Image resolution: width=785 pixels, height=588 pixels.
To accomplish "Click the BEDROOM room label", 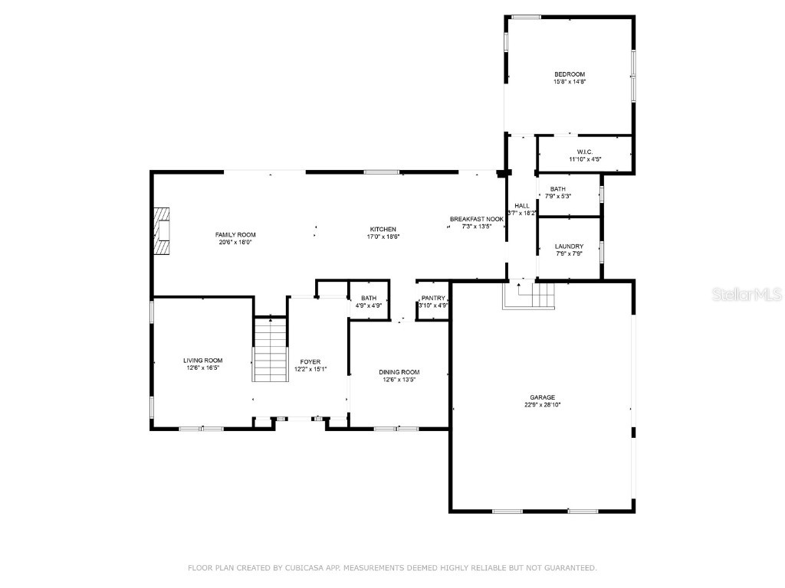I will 570,74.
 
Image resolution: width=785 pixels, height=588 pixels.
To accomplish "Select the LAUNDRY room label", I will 569,247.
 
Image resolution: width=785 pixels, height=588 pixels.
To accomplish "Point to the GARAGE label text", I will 542,397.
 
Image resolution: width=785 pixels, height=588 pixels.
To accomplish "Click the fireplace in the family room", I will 162,230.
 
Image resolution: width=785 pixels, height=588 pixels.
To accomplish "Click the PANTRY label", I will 433,299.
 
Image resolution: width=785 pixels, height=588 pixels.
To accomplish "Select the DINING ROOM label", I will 399,372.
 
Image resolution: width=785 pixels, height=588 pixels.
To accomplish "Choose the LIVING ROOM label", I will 203,361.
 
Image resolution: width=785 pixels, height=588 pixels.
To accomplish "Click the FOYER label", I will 310,361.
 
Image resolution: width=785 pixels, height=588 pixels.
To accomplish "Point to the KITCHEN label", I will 383,230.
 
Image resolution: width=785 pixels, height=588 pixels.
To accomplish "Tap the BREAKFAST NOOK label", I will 476,219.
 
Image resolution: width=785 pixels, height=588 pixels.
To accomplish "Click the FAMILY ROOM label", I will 235,235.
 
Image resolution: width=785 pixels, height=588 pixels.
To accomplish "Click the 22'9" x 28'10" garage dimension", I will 542,405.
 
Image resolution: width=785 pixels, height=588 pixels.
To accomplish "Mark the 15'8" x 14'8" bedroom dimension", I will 570,81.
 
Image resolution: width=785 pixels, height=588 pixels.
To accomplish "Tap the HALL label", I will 522,206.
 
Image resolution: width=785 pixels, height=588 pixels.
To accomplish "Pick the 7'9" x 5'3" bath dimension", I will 557,196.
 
